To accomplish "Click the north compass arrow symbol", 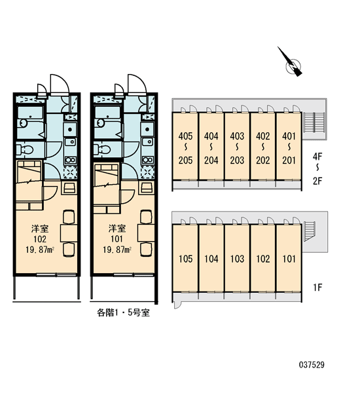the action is click(x=292, y=63).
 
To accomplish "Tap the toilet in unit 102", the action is click(x=25, y=150).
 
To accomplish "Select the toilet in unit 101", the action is click(x=102, y=150).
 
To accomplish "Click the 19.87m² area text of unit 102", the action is click(x=40, y=250).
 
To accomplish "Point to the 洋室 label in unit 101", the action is click(x=117, y=229).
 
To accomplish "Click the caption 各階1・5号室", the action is click(x=123, y=312).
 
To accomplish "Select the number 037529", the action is click(x=312, y=365).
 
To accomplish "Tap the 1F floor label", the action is click(x=317, y=288).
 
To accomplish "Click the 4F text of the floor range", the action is click(x=317, y=157).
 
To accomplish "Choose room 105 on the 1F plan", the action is click(x=185, y=259).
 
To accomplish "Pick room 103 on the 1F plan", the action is click(x=237, y=259).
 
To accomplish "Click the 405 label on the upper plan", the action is click(x=185, y=136).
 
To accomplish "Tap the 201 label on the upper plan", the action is click(x=289, y=160).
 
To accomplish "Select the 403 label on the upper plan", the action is click(x=237, y=136).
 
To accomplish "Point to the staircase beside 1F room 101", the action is click(x=310, y=231).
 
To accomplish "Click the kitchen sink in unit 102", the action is click(x=70, y=142).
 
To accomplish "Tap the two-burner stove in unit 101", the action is click(x=148, y=160).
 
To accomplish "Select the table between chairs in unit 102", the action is click(x=69, y=233).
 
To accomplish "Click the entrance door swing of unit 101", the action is click(x=137, y=84).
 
